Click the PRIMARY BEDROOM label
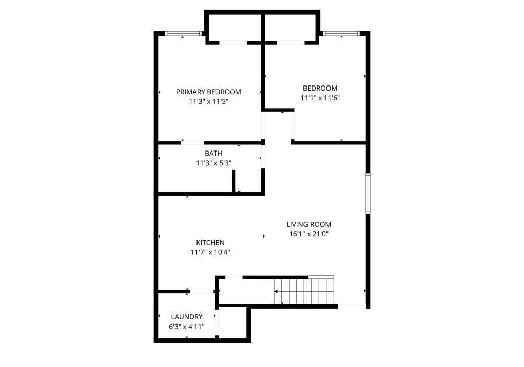(x=208, y=92)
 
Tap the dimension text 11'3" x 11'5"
(x=208, y=102)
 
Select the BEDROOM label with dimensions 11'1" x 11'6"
(x=320, y=88)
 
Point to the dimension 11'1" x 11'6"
(x=320, y=98)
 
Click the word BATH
(x=213, y=153)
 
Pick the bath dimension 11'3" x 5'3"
(x=213, y=163)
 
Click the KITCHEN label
(x=210, y=242)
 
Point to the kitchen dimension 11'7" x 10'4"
(x=210, y=252)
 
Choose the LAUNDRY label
(x=187, y=317)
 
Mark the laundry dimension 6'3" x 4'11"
(x=187, y=326)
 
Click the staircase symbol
(x=304, y=291)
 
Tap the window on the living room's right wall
(x=367, y=193)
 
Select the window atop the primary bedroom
(x=183, y=34)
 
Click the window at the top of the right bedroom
(x=340, y=34)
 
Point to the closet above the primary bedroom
(x=234, y=27)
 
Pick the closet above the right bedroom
(x=290, y=27)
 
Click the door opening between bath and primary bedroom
(x=192, y=142)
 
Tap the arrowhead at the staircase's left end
(x=276, y=291)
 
